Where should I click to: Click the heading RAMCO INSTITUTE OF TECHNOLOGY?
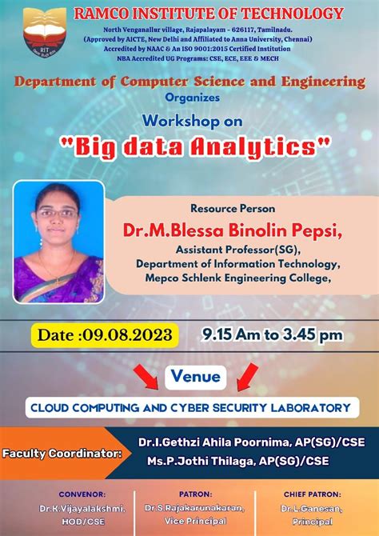[x=209, y=14]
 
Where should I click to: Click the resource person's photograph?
[x=59, y=242]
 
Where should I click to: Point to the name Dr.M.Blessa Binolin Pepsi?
[x=233, y=230]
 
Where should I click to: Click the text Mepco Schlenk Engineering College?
[x=238, y=278]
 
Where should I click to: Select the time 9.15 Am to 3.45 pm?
[x=273, y=334]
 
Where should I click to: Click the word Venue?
[x=197, y=375]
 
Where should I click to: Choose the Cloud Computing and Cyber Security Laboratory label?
[x=190, y=407]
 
